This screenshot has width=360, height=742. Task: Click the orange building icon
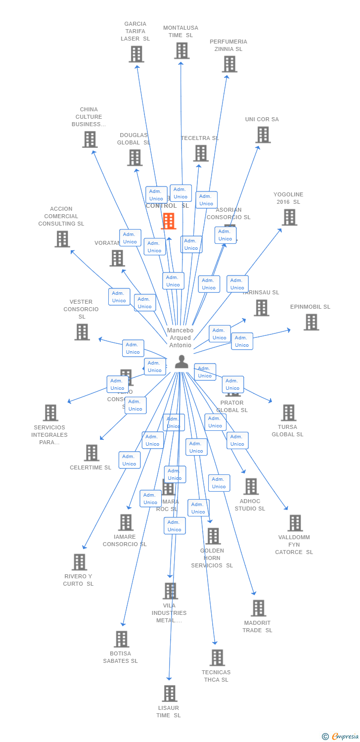(x=169, y=221)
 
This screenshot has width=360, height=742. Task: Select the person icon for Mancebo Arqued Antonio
(x=181, y=362)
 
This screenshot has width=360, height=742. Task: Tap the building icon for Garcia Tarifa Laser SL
(x=136, y=54)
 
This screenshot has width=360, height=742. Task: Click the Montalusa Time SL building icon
(x=181, y=50)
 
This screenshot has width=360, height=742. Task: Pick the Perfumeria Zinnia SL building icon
(x=229, y=64)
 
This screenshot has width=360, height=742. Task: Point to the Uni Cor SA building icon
(x=263, y=135)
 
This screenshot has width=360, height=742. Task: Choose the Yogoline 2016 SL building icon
(x=289, y=217)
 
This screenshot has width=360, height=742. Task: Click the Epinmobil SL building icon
(x=311, y=322)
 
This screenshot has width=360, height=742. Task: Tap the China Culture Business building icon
(x=90, y=139)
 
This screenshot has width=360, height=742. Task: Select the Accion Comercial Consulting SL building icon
(x=62, y=239)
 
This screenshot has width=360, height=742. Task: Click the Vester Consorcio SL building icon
(x=82, y=332)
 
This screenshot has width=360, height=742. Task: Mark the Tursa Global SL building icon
(x=288, y=413)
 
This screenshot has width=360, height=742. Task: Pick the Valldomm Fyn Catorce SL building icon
(x=295, y=523)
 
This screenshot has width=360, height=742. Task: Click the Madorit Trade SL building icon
(x=258, y=608)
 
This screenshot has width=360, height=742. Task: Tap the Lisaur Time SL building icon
(x=169, y=694)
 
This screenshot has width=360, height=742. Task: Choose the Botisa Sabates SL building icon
(x=121, y=639)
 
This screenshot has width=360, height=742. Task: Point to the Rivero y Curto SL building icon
(x=79, y=562)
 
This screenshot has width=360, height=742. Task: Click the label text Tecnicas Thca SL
(x=216, y=676)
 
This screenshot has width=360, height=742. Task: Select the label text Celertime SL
(x=90, y=467)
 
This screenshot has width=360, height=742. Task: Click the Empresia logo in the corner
(x=341, y=737)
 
